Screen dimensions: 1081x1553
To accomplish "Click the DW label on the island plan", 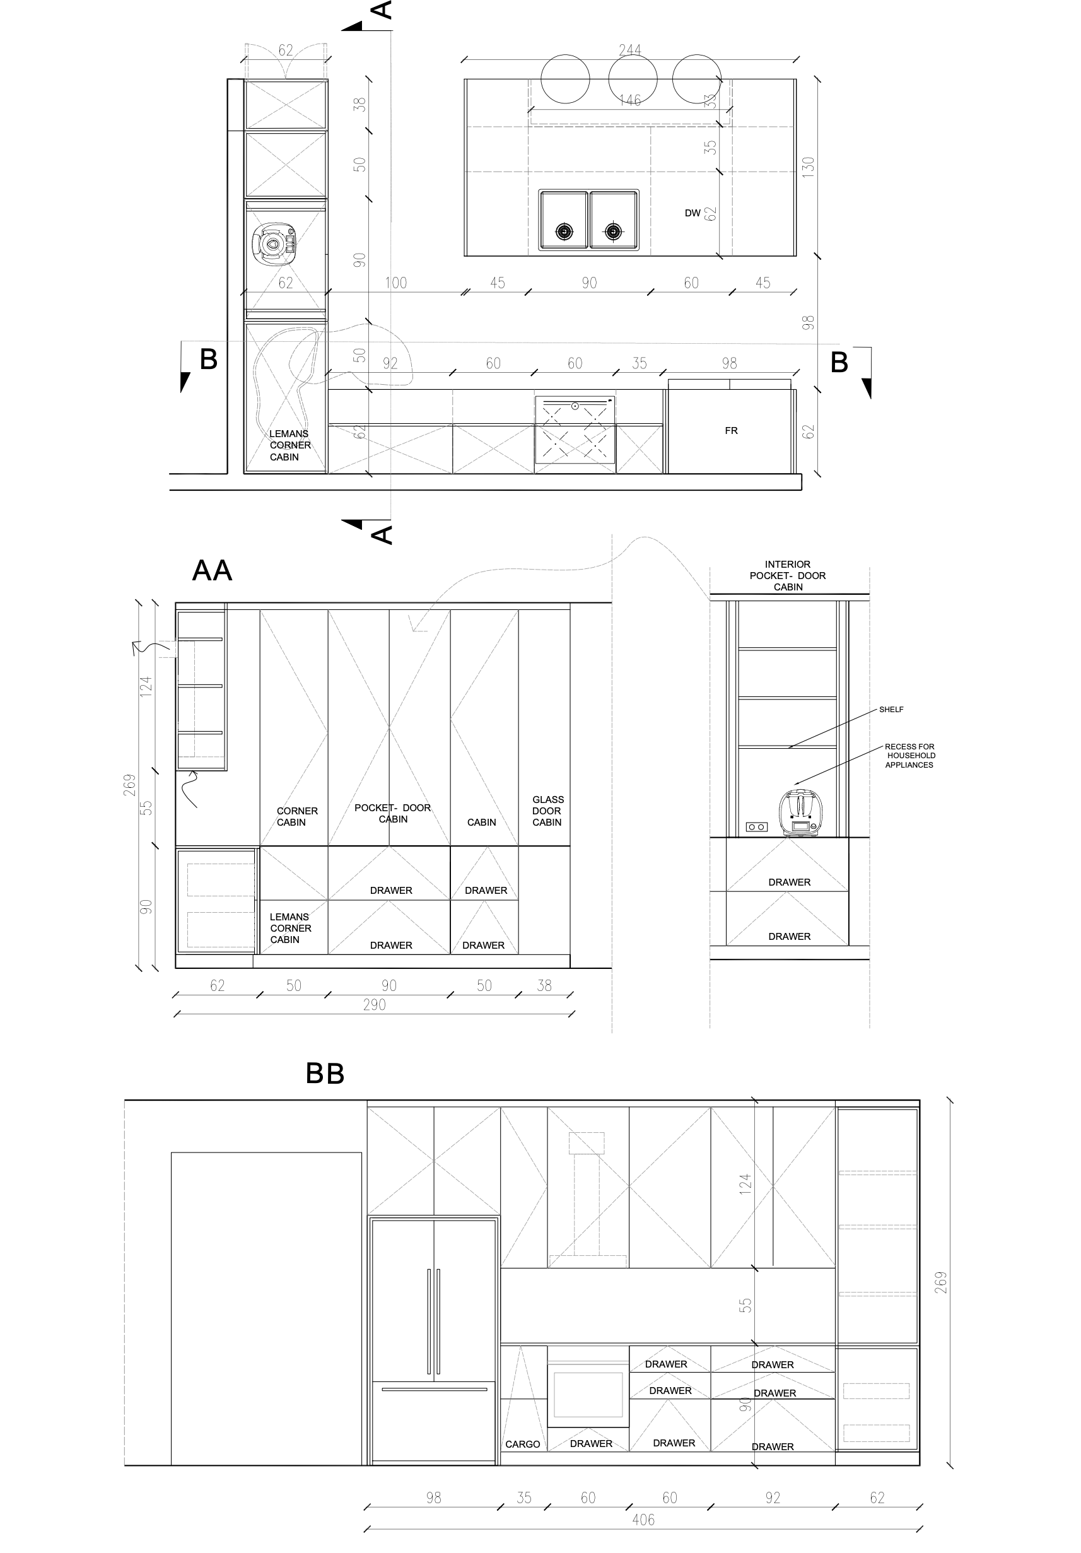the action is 692,213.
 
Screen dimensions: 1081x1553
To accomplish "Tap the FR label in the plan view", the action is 731,431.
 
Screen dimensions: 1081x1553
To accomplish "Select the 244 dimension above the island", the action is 630,50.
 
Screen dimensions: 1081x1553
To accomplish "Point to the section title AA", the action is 213,571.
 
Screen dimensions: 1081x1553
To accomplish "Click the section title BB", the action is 325,1074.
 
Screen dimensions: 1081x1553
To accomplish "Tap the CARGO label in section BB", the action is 523,1444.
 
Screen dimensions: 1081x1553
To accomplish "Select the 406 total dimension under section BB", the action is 643,1520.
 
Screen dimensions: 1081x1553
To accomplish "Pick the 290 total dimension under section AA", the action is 374,1005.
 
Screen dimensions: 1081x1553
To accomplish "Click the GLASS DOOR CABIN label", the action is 547,811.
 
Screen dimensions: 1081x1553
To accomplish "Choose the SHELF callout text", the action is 891,710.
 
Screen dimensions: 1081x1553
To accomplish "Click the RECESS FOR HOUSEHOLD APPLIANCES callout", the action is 910,756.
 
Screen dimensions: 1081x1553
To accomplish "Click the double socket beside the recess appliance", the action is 757,826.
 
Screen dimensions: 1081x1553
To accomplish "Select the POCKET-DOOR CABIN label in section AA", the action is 393,813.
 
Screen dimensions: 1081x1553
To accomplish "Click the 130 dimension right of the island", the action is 808,167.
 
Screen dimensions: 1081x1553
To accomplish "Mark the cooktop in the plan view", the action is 575,430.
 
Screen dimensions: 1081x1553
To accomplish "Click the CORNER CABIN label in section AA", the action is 297,816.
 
